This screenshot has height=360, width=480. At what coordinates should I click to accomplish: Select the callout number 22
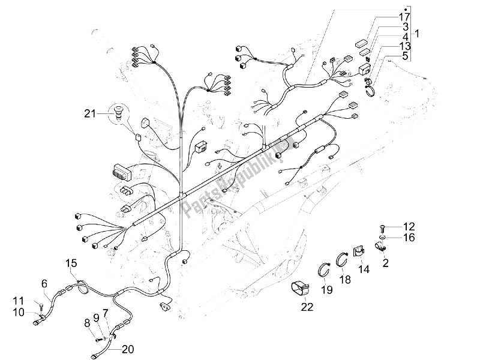point(307,308)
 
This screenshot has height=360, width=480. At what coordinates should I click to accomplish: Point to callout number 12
point(409,226)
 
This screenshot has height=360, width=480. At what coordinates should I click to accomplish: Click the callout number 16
point(409,238)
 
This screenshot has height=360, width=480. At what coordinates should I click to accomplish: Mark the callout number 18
point(344,280)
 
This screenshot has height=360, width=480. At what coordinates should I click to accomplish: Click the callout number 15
point(71,263)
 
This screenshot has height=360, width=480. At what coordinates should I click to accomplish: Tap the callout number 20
point(126,349)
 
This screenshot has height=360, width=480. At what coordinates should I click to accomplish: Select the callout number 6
point(44,282)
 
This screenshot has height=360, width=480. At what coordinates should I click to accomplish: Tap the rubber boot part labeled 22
point(300,289)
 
